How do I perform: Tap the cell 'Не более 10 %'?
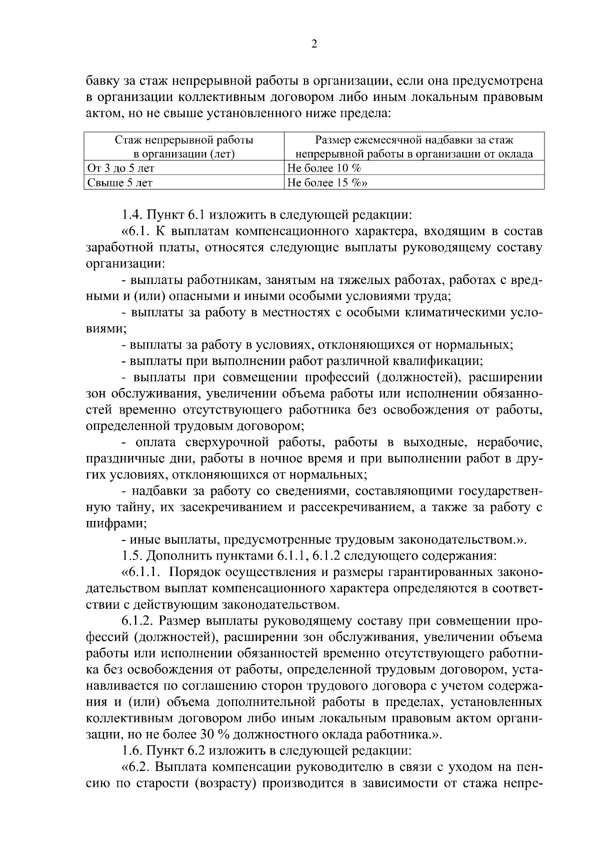point(325,168)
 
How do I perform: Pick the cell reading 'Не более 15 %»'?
point(328,183)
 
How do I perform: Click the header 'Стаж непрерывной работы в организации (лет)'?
point(183,147)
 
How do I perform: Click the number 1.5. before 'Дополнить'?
point(132,555)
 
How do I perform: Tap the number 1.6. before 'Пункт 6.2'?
point(132,750)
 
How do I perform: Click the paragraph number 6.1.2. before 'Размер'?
point(136,620)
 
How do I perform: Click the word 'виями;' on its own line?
point(106,328)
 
